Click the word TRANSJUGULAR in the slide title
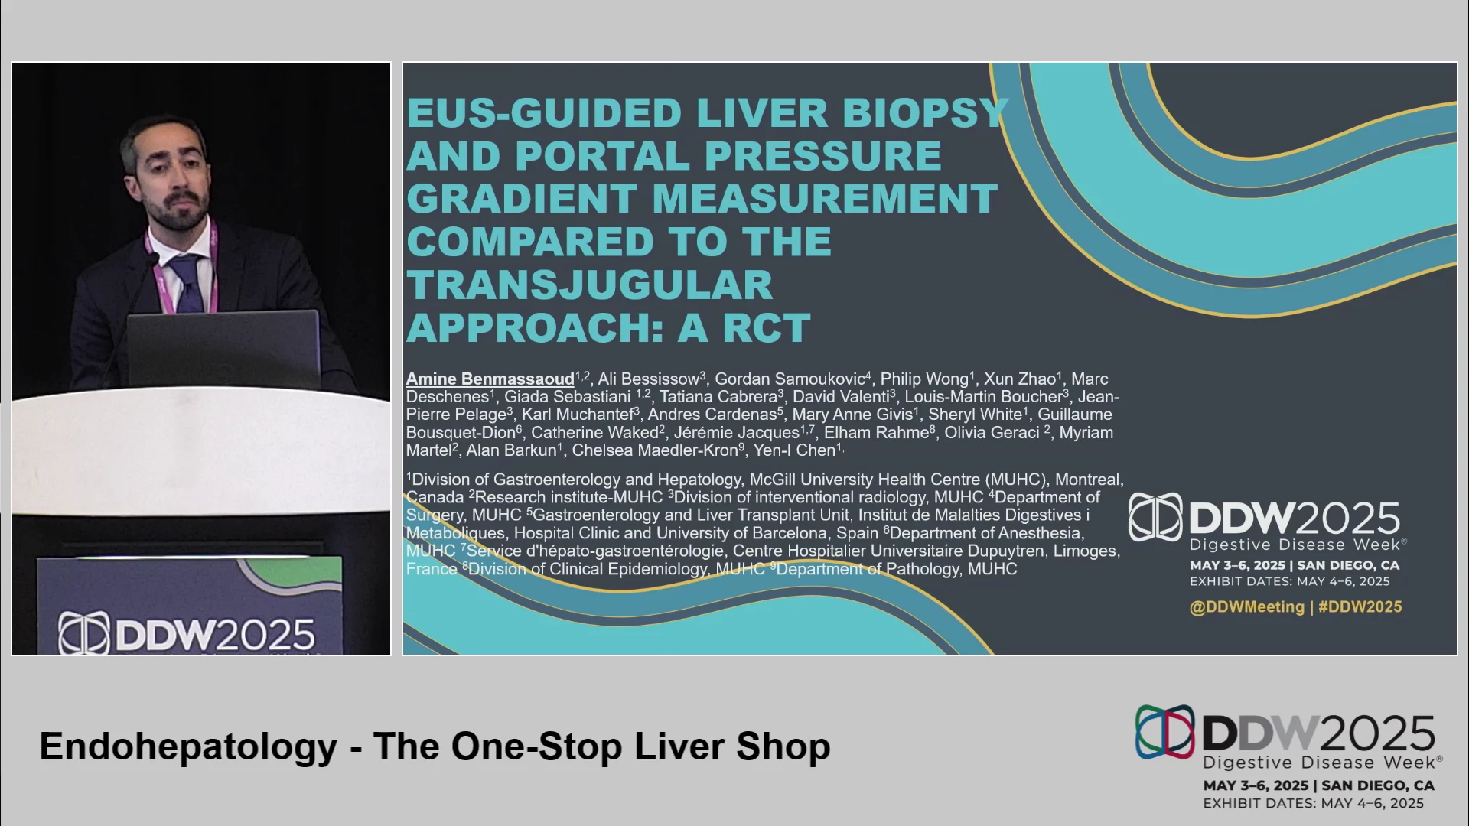pos(589,285)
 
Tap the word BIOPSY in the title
pos(925,113)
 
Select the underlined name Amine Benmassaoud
pos(490,379)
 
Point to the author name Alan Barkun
pos(511,450)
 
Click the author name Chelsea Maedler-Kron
pos(655,450)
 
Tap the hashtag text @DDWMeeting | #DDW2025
pos(1296,607)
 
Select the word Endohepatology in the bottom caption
pos(188,747)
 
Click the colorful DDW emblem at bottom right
pos(1164,732)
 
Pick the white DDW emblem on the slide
pos(1155,517)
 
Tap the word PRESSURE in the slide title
pos(822,156)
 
